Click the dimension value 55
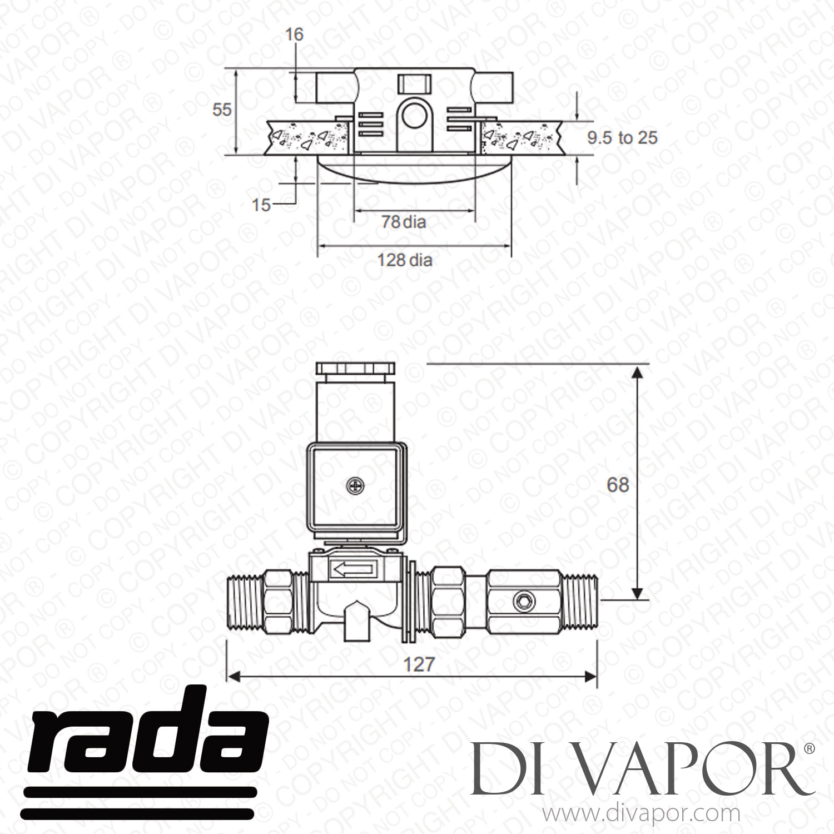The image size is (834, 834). click(222, 110)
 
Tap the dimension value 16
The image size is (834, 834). click(295, 34)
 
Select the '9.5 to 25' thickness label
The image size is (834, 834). click(623, 137)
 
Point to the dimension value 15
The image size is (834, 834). click(261, 205)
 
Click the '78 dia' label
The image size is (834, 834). click(404, 222)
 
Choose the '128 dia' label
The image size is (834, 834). click(405, 260)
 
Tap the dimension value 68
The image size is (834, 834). click(618, 485)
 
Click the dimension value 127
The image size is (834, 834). click(418, 664)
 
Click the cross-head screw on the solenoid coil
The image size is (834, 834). click(354, 488)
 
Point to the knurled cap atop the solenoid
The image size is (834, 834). click(355, 369)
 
